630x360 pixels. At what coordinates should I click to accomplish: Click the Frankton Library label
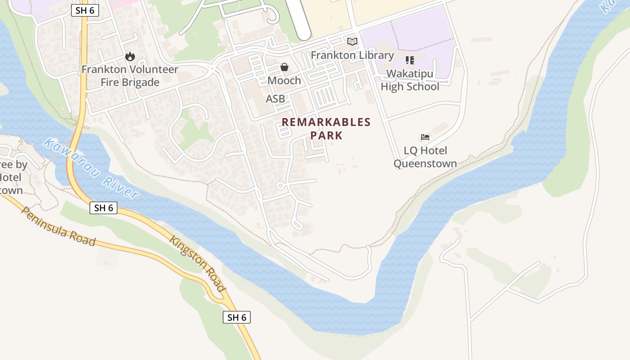coord(352,55)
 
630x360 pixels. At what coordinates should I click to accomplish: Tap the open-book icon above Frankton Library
coord(352,42)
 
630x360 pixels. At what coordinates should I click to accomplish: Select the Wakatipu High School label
coord(410,80)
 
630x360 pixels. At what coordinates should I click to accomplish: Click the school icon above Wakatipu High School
coord(409,60)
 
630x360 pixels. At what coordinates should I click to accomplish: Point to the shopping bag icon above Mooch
coord(284,67)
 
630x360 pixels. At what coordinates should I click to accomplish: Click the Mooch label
coord(284,81)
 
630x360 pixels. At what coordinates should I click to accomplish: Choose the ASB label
coord(275,99)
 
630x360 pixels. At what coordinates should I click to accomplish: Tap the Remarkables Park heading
coord(326,128)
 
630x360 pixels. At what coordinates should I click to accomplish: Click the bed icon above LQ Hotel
coord(425,137)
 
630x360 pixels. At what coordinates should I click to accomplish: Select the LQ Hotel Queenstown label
coord(425,157)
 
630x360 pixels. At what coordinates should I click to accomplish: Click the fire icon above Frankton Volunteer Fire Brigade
coord(130,57)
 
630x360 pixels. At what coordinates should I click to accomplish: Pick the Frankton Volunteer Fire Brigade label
coord(130,76)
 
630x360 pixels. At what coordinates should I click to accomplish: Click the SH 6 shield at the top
coord(85,10)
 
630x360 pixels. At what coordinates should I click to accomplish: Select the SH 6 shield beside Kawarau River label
coord(103,207)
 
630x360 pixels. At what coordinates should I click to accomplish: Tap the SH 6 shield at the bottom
coord(237,317)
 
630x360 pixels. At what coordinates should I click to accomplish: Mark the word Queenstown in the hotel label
coord(425,164)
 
